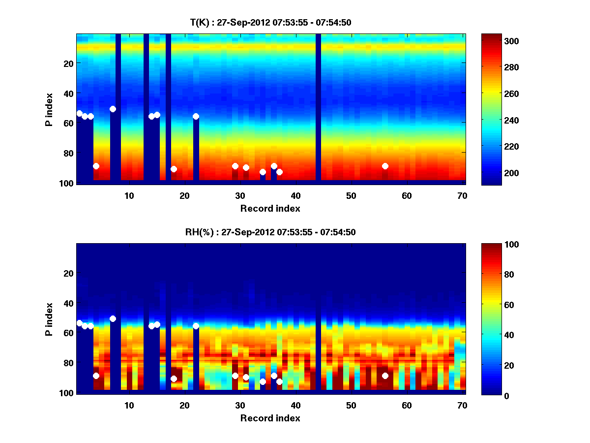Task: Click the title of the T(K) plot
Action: tap(270, 22)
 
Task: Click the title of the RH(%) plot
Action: tap(270, 232)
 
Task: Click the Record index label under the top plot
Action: tap(270, 208)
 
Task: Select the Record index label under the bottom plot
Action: tap(270, 418)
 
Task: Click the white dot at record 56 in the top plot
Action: tap(385, 166)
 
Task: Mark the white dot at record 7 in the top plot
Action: tap(113, 109)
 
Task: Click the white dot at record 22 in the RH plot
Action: tap(196, 326)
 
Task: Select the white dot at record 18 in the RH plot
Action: tap(174, 379)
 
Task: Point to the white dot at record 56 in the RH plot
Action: tap(385, 376)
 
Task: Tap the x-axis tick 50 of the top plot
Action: tap(351, 196)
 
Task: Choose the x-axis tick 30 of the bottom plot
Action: tap(240, 406)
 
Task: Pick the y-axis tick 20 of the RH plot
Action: tap(68, 273)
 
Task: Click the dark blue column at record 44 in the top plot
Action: tap(318, 108)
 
